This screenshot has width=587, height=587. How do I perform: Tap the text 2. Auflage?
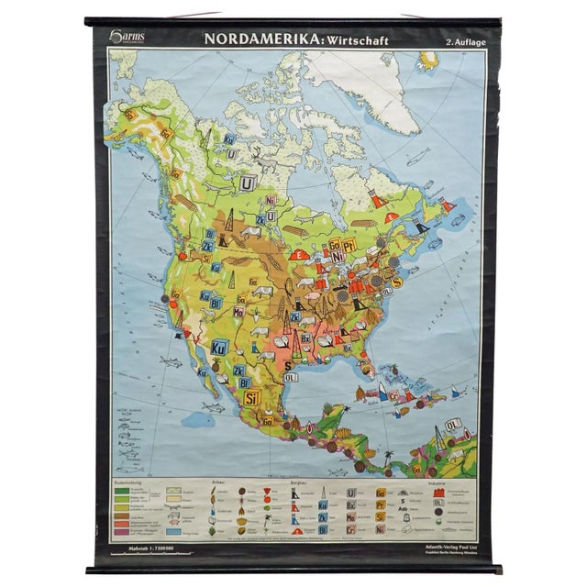click(462, 41)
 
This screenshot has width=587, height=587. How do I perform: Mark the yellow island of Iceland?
click(428, 61)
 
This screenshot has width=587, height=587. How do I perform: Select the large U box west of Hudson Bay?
click(247, 183)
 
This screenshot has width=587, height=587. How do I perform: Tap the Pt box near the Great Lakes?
click(349, 245)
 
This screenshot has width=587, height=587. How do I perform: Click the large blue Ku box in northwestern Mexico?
click(219, 348)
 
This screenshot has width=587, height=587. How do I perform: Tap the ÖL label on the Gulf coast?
click(292, 376)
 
